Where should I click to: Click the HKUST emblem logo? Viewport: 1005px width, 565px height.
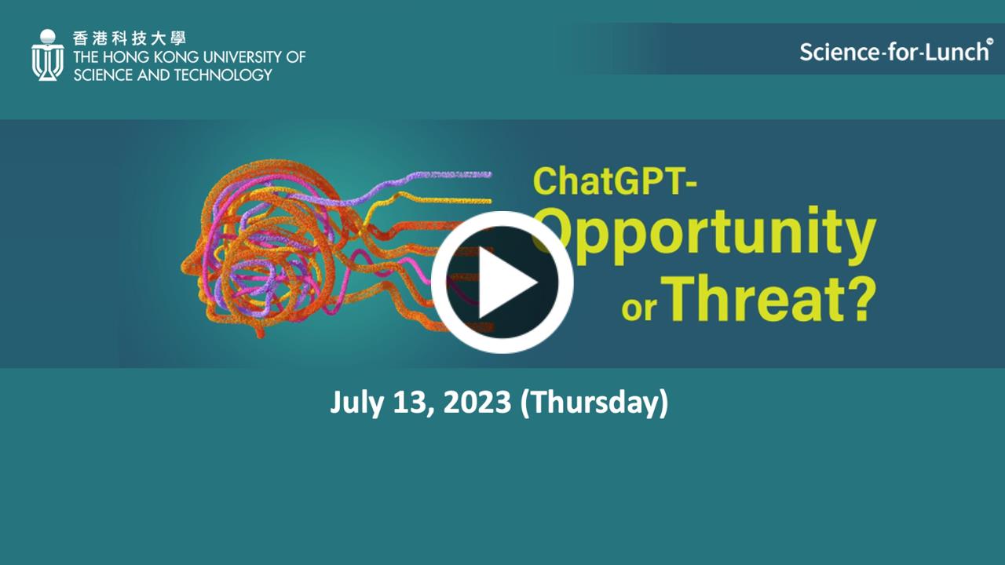[48, 55]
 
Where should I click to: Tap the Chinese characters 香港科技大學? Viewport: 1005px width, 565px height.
[130, 38]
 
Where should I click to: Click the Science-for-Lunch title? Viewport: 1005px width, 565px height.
[894, 52]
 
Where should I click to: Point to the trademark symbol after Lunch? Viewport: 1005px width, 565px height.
[989, 42]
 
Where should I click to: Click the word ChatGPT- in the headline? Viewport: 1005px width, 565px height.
[615, 181]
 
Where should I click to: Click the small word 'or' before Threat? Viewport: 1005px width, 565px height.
[639, 308]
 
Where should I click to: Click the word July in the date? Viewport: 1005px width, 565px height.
[356, 403]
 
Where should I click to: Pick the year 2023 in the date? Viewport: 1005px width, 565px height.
[477, 402]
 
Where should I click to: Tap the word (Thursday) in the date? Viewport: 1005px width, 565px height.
[594, 403]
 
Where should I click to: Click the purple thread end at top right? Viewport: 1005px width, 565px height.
[489, 174]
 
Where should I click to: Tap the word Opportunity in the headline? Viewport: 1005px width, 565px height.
[704, 235]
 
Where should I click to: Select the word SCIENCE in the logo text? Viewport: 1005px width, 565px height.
[103, 75]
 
